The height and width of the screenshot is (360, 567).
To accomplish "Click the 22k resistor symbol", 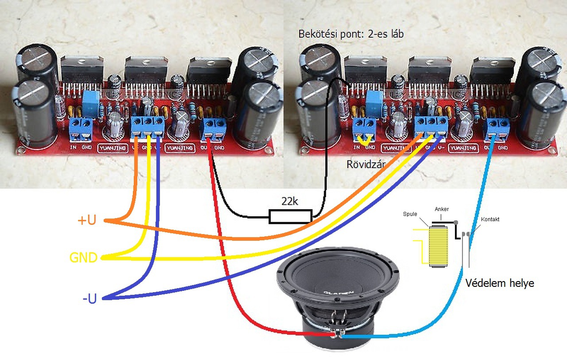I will click(x=290, y=216).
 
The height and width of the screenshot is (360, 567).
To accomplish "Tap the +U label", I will click(x=87, y=220).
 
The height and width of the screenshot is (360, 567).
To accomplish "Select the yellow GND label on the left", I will click(x=83, y=258).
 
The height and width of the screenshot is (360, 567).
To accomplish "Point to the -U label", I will click(x=89, y=299).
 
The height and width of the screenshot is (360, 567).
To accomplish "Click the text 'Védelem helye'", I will click(x=500, y=283).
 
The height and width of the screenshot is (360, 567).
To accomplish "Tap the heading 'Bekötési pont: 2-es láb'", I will click(x=351, y=34).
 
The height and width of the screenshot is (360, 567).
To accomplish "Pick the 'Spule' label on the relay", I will click(x=410, y=214).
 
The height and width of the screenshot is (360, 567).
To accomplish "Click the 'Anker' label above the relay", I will click(x=442, y=209).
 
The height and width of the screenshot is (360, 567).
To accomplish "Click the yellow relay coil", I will click(x=438, y=247).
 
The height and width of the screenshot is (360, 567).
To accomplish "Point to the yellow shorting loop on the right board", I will click(x=365, y=141).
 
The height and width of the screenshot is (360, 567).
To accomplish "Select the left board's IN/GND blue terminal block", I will click(x=81, y=127).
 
